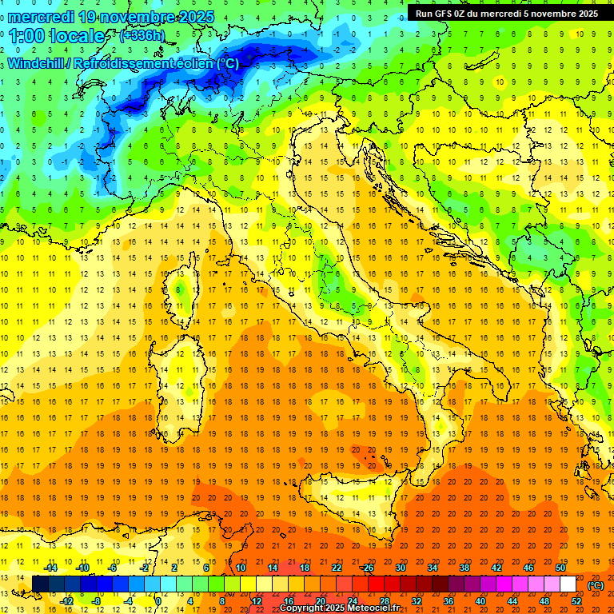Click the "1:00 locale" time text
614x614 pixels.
pos(57,36)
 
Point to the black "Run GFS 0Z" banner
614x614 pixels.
pos(506,14)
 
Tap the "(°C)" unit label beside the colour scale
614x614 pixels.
pos(596,584)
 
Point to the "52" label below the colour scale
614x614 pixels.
pos(576,601)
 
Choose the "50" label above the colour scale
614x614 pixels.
pos(560,568)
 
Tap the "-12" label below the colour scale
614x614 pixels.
pos(66,601)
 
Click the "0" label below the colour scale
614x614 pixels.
pos(157,601)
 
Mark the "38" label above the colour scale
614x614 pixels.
pos(464,568)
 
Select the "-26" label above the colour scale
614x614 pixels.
pos(367,568)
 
